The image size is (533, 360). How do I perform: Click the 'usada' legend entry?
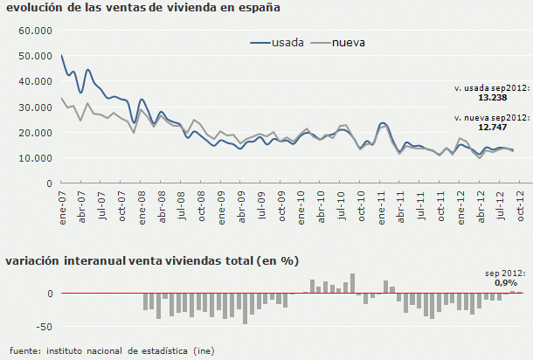pos(287,41)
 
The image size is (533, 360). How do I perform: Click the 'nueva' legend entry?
pos(348,41)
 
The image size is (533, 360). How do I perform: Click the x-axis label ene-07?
pos(62,206)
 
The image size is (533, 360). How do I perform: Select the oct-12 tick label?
pos(523,206)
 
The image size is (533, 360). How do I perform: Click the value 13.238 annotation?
pos(509,97)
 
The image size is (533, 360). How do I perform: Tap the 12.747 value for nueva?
pos(509,126)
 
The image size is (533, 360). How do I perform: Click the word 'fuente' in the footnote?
pos(24,350)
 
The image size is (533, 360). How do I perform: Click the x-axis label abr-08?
pos(163,206)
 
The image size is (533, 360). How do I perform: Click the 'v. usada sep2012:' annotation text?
pos(491,88)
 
